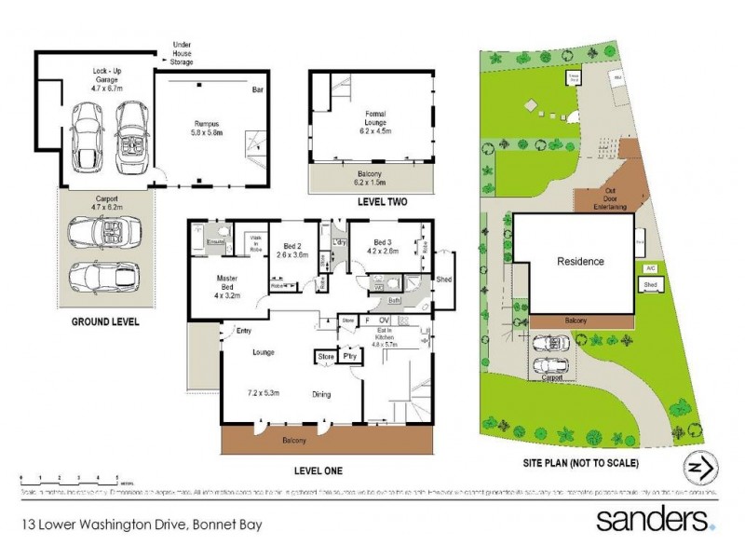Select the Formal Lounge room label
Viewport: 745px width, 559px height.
pos(375,118)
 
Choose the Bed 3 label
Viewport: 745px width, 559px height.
pos(382,245)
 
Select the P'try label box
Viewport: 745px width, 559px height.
pos(350,356)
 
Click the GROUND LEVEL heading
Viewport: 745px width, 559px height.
pos(105,322)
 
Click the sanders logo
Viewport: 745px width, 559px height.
pos(655,519)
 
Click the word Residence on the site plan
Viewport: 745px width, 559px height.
pos(581,262)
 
